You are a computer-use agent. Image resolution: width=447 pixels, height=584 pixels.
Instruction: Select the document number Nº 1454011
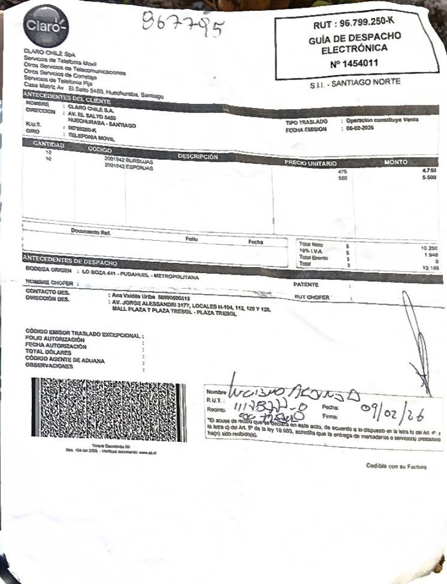pos(354,63)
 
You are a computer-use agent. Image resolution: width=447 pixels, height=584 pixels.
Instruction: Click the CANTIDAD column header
pos(49,145)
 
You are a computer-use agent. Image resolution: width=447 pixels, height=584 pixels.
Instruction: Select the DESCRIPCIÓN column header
pos(197,156)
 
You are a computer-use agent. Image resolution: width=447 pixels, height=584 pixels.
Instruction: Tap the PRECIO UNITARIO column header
pos(311,163)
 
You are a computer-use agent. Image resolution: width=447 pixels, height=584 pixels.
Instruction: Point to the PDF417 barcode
pos(108,410)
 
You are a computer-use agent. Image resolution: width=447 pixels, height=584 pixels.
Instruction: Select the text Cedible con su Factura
pos(396,466)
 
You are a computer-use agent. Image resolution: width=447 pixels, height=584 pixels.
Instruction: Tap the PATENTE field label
pos(306,284)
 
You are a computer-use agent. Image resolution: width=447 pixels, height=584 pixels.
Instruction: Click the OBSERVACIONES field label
pos(49,366)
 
